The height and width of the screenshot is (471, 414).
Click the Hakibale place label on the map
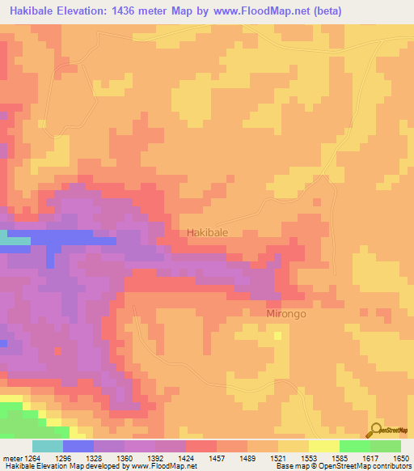coord(208,232)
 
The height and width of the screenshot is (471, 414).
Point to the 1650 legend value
coord(402,457)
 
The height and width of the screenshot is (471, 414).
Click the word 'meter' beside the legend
coord(13,457)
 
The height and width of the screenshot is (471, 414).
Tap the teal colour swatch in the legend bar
coord(48,446)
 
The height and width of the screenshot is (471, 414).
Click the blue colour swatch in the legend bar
coord(78,446)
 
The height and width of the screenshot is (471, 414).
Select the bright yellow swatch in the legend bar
coord(324,446)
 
